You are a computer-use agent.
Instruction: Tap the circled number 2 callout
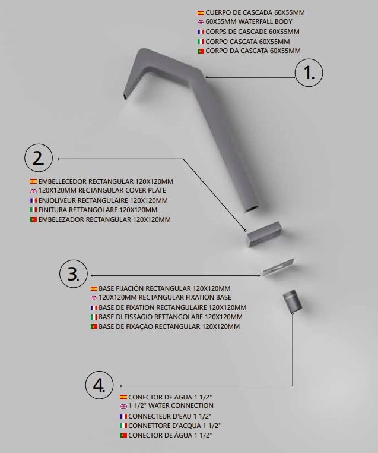point(39,158)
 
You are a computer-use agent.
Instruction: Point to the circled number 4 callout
point(100,385)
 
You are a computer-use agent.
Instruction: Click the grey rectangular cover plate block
point(265,234)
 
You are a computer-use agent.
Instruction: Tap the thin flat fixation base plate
point(278,267)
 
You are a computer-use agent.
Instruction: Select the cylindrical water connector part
point(292,301)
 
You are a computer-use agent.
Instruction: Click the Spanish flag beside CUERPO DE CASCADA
point(201,13)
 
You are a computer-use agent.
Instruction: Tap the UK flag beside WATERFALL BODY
point(201,22)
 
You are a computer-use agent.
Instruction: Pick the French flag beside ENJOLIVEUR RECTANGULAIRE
point(33,200)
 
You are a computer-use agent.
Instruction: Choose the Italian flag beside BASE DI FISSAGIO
point(94,317)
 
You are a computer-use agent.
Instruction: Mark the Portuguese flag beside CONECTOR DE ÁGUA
point(123,435)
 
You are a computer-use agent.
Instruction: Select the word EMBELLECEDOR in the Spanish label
point(62,181)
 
